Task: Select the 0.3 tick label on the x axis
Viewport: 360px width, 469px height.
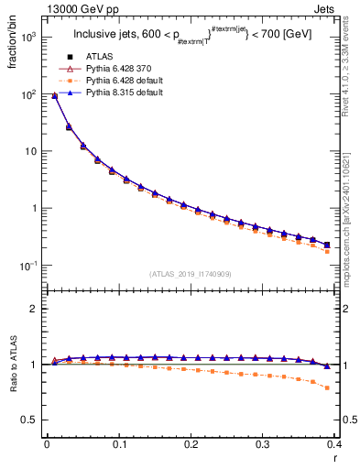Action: click(x=263, y=444)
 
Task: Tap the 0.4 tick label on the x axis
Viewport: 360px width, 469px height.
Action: click(x=335, y=444)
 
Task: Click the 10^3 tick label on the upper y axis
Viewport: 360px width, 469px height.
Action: click(x=29, y=38)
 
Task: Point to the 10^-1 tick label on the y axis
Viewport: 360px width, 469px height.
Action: click(x=29, y=266)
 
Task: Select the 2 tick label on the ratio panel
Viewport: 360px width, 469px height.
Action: click(x=34, y=309)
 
